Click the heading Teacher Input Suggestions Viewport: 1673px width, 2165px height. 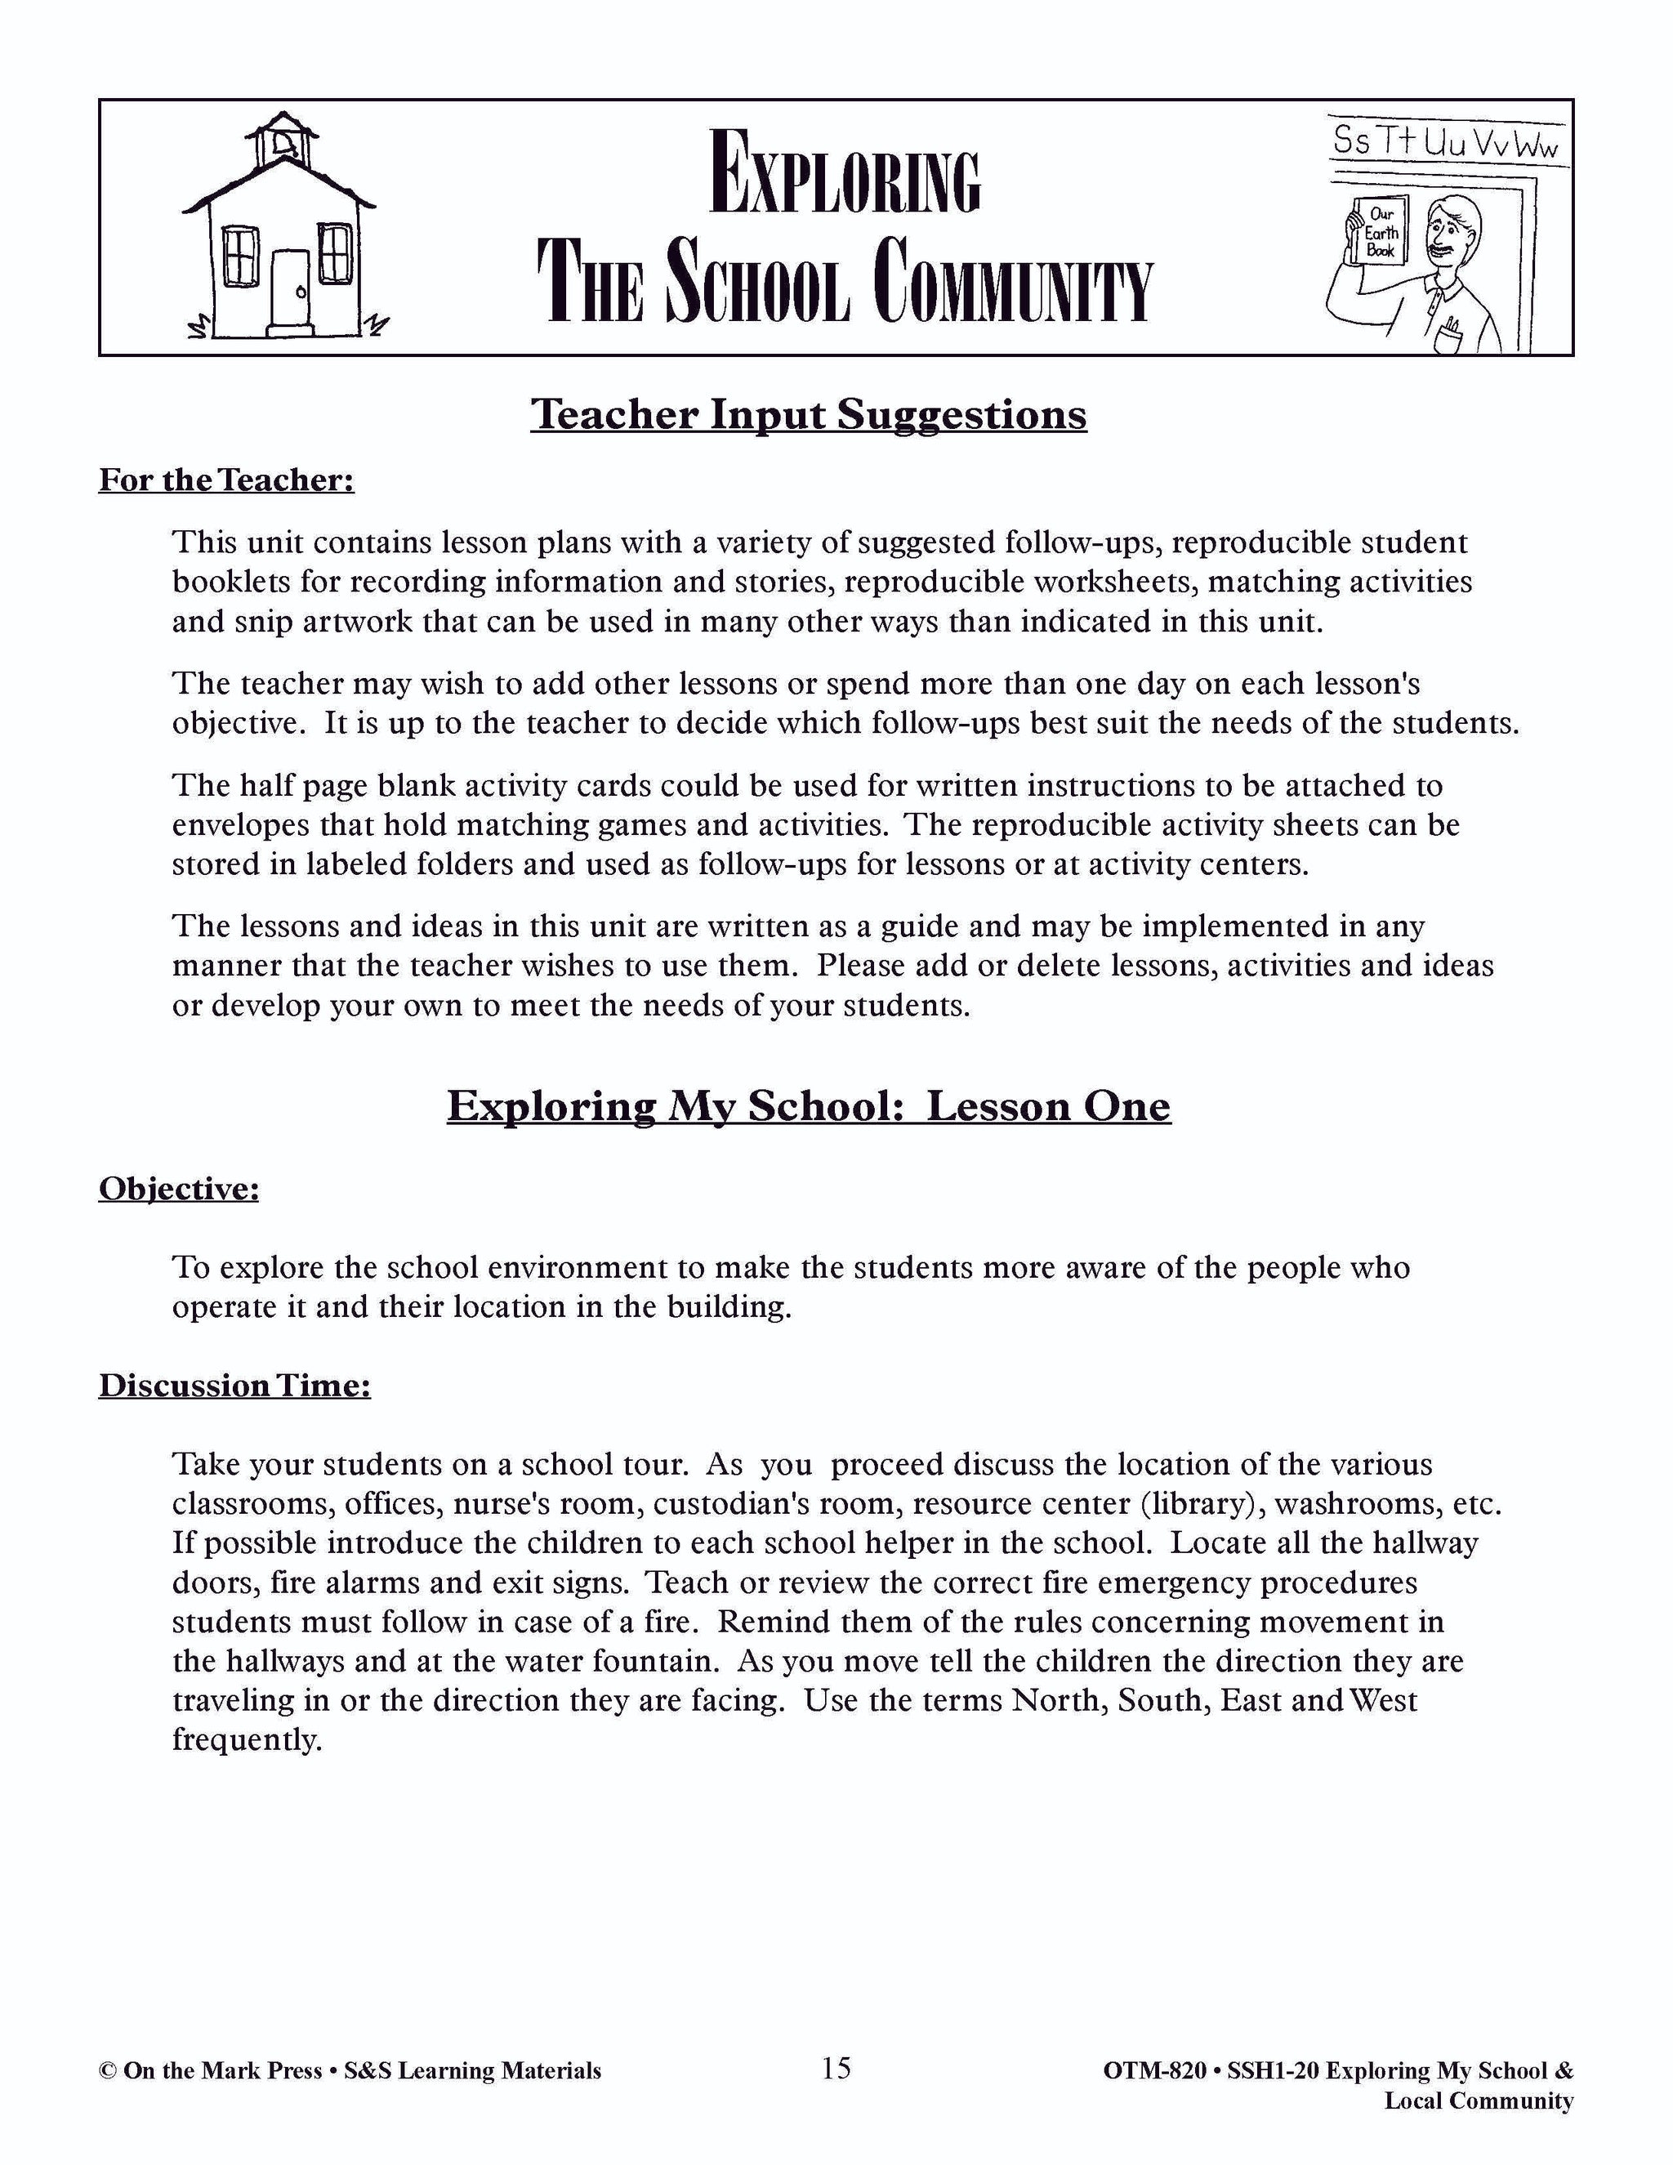pyautogui.click(x=809, y=414)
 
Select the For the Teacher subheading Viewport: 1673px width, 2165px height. pyautogui.click(x=227, y=480)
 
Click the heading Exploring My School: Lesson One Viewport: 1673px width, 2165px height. pyautogui.click(x=809, y=1106)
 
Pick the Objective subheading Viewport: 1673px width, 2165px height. pyautogui.click(x=178, y=1189)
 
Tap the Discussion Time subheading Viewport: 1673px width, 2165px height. pyautogui.click(x=235, y=1385)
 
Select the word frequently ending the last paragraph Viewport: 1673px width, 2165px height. pyautogui.click(x=247, y=1739)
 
